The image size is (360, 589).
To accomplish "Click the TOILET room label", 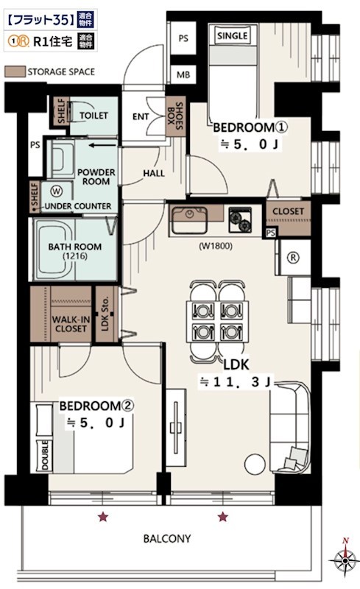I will pyautogui.click(x=93, y=116).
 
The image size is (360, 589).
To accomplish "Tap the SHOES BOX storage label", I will pyautogui.click(x=176, y=115).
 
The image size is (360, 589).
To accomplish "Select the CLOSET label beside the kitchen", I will pyautogui.click(x=288, y=211).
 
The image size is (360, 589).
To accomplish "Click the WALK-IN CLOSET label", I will pyautogui.click(x=70, y=324).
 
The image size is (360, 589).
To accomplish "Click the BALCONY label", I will pyautogui.click(x=168, y=538).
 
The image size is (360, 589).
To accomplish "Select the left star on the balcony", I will pyautogui.click(x=104, y=518).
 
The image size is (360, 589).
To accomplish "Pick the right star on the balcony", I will pyautogui.click(x=223, y=518).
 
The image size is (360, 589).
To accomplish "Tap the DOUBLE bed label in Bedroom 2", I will pyautogui.click(x=45, y=456).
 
